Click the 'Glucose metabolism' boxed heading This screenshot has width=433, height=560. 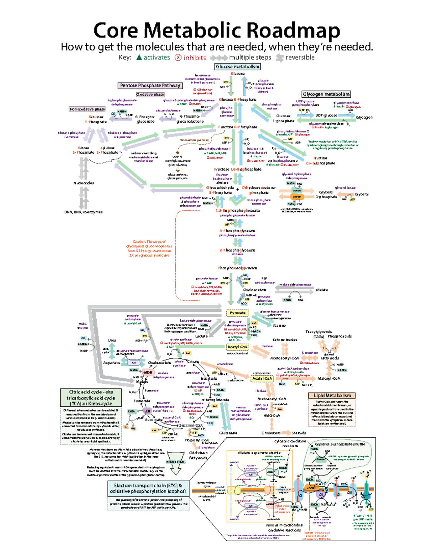237,67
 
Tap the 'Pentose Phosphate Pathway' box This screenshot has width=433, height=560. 150,85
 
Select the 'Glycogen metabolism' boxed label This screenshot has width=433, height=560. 326,94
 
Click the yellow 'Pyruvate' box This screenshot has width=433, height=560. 237,313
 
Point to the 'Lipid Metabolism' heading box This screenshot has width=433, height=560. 332,396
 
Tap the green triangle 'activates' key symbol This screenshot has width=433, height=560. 139,57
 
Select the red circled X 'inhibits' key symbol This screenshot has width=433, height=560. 178,58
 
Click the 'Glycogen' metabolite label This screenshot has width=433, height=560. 364,118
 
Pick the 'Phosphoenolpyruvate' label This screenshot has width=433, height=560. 237,268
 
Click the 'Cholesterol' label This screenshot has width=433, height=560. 271,433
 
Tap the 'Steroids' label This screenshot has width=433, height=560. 298,433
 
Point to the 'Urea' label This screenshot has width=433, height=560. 112,340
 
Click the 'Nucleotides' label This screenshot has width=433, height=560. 84,183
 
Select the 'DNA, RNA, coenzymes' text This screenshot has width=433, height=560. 83,212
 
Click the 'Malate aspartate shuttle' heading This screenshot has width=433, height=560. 259,453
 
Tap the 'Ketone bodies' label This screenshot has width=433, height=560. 285,340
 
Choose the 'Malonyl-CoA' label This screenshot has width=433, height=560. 329,379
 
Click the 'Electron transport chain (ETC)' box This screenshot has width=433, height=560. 148,488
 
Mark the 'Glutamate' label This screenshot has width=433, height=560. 228,433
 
